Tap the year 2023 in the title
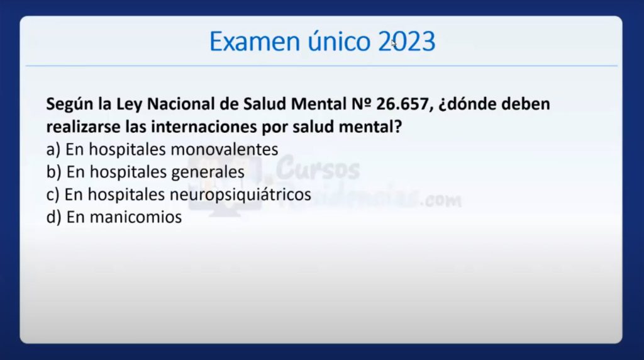407,42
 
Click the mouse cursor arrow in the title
394,43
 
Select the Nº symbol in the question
362,104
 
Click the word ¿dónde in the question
467,104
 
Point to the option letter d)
54,217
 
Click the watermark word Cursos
318,169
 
